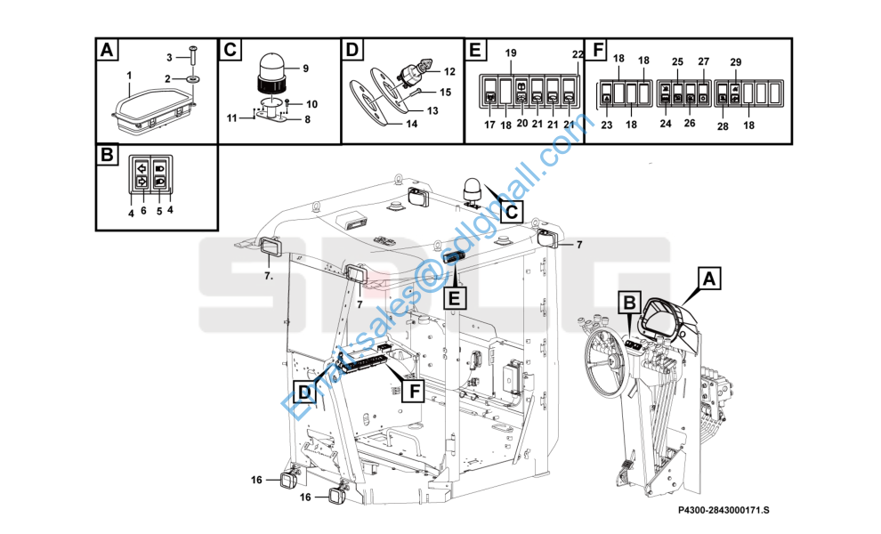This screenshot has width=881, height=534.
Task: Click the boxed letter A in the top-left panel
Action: point(107,50)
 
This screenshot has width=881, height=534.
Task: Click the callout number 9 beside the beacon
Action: point(305,69)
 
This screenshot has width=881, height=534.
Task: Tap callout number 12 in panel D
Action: point(449,71)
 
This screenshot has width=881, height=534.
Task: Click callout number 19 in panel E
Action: point(511,53)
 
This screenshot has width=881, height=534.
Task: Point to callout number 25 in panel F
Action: point(677,61)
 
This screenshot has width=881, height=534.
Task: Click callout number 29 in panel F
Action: point(736,62)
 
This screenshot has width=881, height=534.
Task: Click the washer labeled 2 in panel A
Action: point(191,78)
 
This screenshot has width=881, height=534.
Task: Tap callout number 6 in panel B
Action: point(144,210)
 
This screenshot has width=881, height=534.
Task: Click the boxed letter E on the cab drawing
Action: point(455,296)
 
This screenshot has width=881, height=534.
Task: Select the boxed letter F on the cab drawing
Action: point(414,391)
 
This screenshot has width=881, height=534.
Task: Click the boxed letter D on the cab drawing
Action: point(304,392)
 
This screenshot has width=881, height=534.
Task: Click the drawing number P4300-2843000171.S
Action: point(723,510)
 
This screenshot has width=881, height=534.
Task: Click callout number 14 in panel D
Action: point(412,124)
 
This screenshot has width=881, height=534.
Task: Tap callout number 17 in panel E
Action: point(489,125)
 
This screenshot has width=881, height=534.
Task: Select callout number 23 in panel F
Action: point(607,125)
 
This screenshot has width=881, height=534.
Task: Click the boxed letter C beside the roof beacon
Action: point(512,213)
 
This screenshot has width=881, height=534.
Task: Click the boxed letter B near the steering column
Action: point(630,303)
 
